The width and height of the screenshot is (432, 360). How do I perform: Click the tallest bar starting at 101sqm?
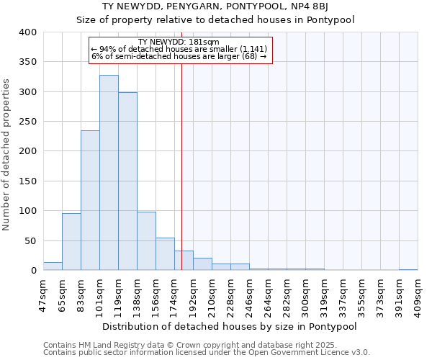point(109,173)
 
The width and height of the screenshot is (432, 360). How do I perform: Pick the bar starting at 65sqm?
point(71,242)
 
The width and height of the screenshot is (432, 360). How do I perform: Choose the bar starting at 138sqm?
point(146,241)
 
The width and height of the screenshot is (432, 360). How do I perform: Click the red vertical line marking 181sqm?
point(182,158)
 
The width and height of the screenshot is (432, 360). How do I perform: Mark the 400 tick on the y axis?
point(28,32)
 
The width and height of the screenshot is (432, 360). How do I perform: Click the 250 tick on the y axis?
point(28,122)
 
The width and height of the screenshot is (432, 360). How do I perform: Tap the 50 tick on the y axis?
point(31,240)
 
